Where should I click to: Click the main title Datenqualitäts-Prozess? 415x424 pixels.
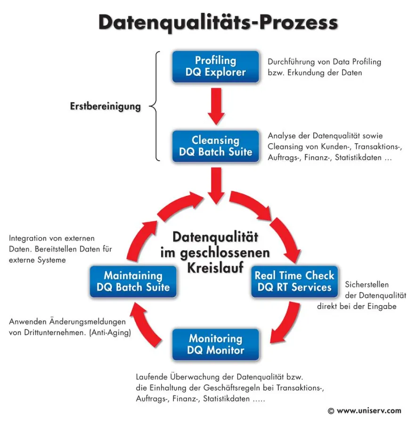tap(218, 23)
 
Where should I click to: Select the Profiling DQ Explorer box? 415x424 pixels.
tap(215, 66)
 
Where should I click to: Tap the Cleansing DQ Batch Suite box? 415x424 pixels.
tap(215, 146)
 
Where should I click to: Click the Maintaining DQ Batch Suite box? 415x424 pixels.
tap(133, 281)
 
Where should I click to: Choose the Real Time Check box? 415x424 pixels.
tap(294, 281)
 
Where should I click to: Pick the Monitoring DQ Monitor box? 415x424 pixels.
tap(215, 344)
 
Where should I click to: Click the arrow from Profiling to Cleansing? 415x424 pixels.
tap(215, 106)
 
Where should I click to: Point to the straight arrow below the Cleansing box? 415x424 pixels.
tap(216, 184)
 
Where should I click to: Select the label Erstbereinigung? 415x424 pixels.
tap(106, 106)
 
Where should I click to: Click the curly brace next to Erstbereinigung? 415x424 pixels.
tap(155, 106)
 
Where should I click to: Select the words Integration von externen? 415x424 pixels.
tap(52, 238)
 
